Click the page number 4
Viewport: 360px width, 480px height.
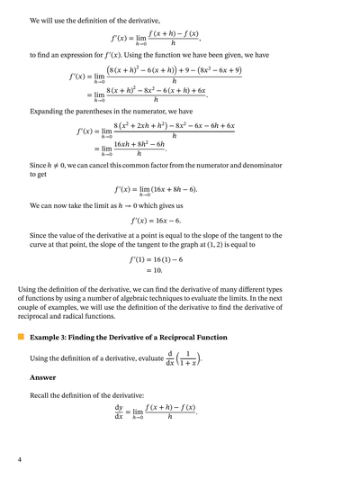click(x=20, y=460)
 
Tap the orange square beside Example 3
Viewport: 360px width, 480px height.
click(x=21, y=337)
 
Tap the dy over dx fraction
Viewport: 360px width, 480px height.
click(x=119, y=414)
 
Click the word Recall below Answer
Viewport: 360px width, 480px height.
click(x=41, y=395)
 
